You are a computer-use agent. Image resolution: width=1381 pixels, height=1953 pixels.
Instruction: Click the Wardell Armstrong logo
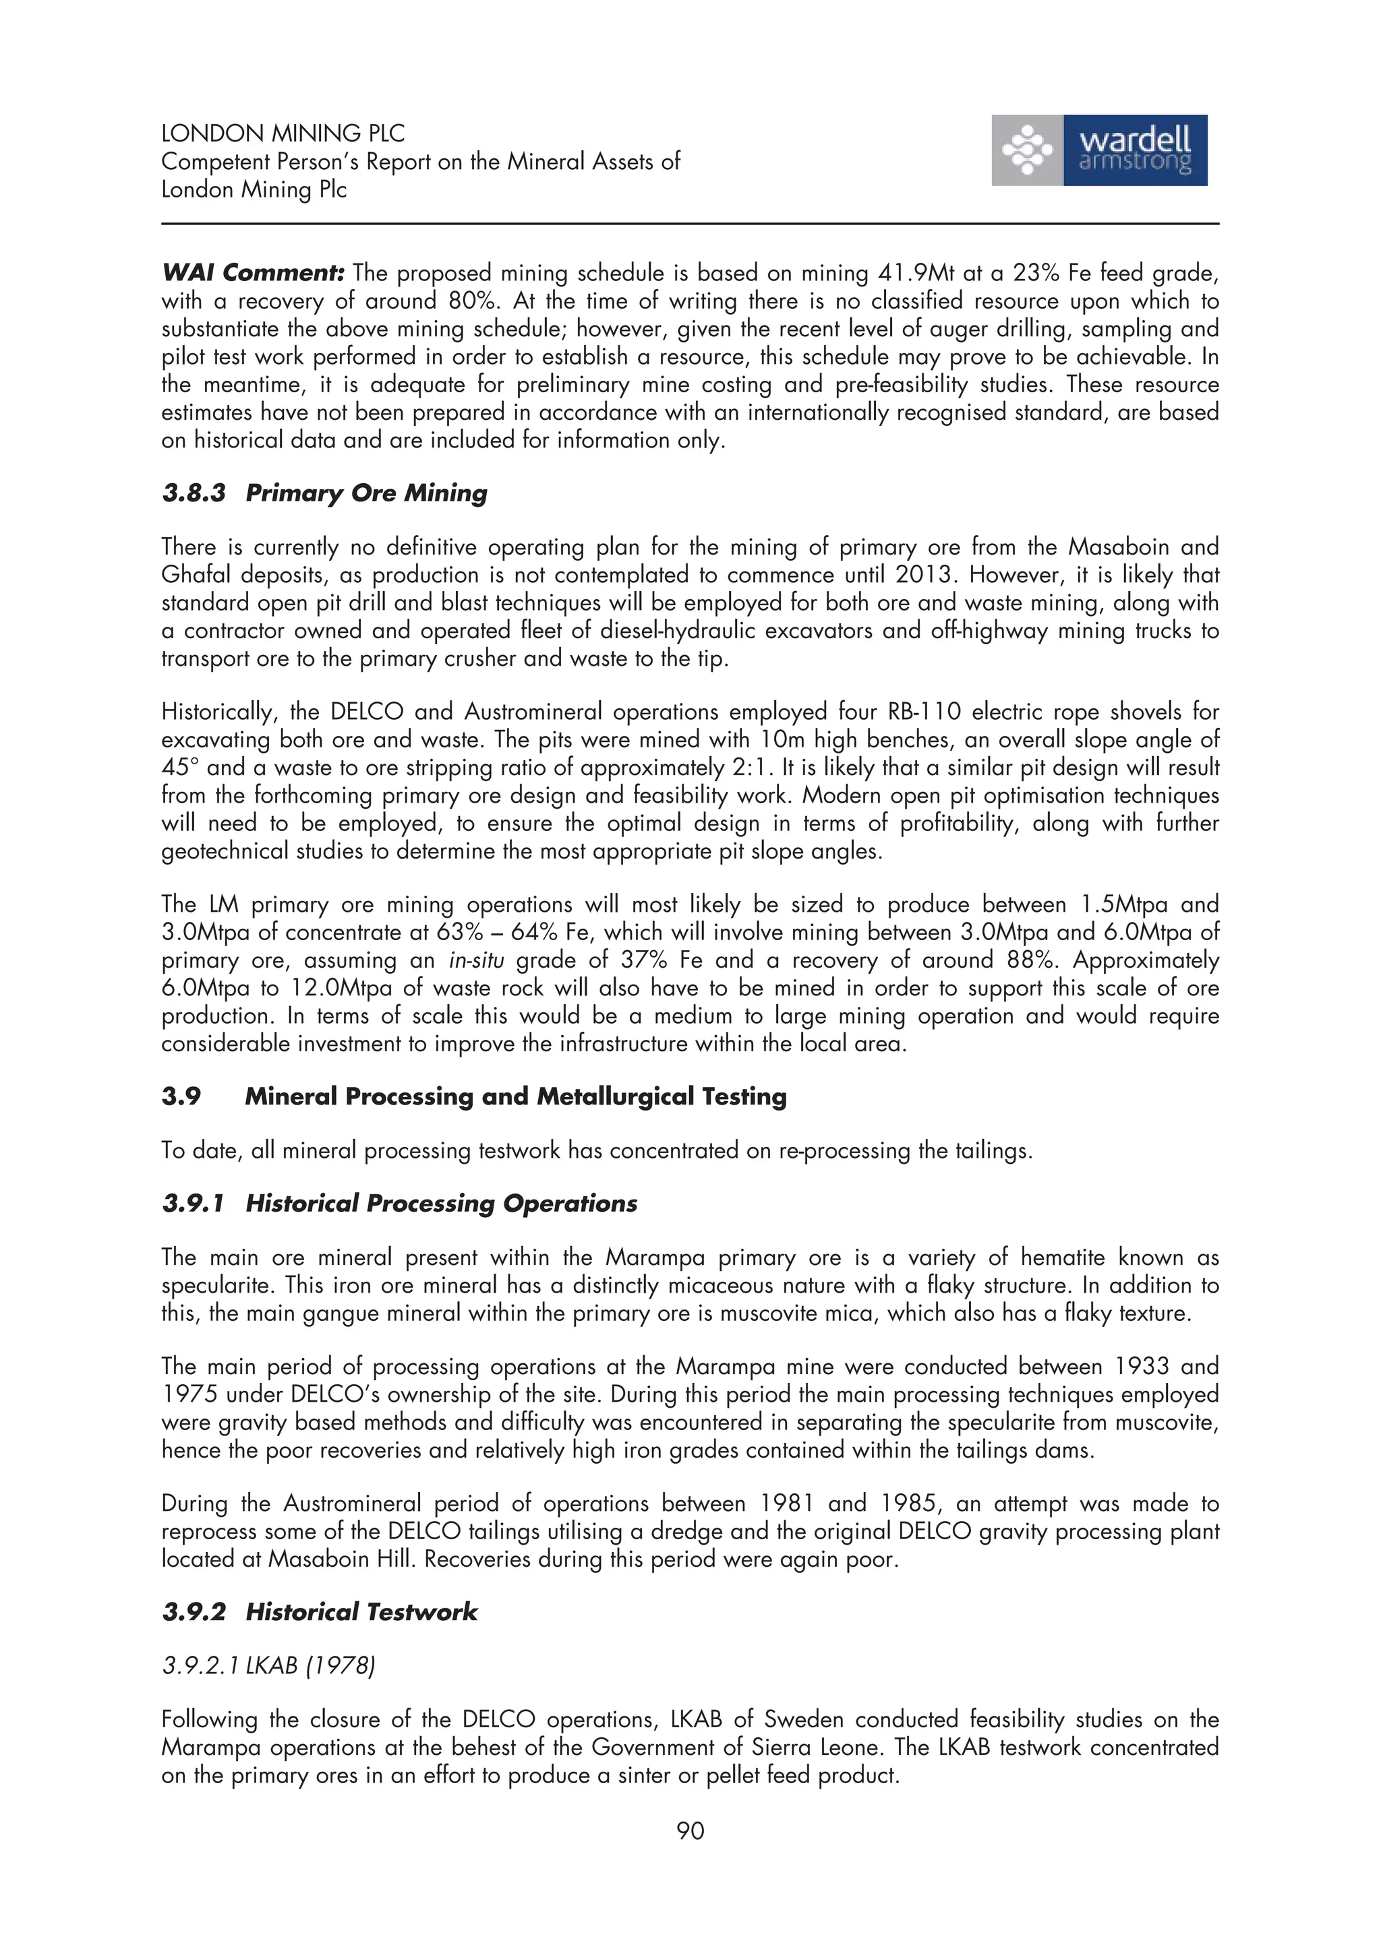point(1098,150)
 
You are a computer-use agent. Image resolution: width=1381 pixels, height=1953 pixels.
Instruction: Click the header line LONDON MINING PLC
point(283,133)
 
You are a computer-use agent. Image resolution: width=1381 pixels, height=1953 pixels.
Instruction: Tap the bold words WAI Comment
point(253,273)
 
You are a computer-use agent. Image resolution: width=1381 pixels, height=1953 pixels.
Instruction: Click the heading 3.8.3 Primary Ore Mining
point(324,493)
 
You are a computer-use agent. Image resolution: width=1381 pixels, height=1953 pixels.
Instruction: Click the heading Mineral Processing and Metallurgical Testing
point(516,1096)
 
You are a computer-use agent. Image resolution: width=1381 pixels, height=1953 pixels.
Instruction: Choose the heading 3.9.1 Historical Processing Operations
point(399,1204)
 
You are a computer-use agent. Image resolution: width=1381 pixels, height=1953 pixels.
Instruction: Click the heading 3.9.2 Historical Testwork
point(319,1612)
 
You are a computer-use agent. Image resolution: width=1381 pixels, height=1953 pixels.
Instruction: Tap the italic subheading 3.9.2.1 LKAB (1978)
point(268,1665)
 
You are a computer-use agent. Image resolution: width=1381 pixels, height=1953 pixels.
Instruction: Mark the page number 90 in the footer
point(690,1830)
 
